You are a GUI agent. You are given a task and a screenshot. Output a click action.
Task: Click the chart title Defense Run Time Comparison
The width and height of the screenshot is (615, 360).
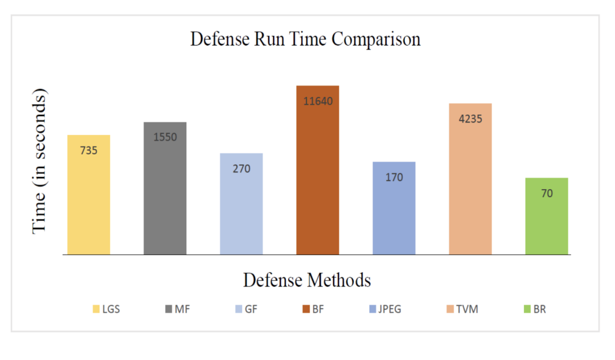(x=305, y=40)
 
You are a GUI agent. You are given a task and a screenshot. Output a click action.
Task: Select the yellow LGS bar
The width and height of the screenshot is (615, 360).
(x=89, y=199)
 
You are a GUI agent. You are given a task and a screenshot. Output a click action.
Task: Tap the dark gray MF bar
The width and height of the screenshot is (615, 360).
(x=165, y=194)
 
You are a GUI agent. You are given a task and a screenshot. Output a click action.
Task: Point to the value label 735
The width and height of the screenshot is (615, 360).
(x=89, y=151)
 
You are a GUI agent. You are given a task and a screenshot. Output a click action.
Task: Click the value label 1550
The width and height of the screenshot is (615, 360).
(x=165, y=137)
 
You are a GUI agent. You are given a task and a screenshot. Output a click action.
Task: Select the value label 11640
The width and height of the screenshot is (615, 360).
(x=318, y=101)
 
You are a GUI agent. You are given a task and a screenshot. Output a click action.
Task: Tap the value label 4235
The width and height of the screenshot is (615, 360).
(x=470, y=119)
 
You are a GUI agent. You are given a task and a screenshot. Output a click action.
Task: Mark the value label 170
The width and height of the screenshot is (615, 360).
(x=394, y=178)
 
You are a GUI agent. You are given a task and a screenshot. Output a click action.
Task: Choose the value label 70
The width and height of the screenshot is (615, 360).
(x=547, y=194)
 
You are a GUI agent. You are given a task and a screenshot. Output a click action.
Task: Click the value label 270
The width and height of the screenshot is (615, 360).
(x=241, y=169)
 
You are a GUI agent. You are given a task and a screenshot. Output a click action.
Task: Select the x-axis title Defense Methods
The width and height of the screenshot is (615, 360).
(x=307, y=280)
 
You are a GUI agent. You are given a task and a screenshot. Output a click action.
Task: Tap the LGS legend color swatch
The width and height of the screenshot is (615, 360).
(x=96, y=309)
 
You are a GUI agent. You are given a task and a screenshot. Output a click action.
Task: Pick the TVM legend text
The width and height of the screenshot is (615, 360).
(x=467, y=309)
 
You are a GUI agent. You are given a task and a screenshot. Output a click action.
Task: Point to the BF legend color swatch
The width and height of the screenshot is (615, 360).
(x=306, y=309)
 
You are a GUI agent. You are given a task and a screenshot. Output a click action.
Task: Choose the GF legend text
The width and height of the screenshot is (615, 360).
(x=251, y=309)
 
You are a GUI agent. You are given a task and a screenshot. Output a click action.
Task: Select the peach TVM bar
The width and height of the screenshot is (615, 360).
(x=470, y=188)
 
